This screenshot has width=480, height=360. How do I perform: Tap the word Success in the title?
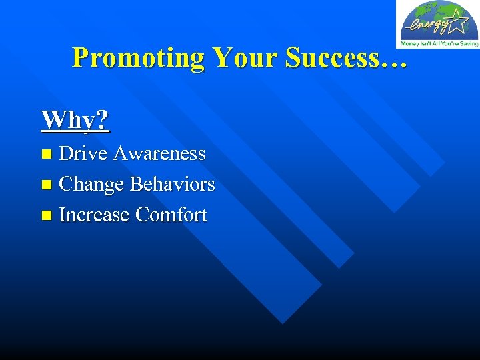333,58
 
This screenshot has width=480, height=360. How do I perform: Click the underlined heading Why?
75,120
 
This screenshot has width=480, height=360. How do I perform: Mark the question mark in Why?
102,120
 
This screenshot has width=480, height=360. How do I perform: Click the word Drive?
83,153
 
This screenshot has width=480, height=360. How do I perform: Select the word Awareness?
159,153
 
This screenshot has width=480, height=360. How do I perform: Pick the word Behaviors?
173,184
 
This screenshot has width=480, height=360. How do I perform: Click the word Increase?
94,215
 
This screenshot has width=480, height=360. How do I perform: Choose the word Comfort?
171,215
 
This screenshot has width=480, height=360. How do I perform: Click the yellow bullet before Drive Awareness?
46,154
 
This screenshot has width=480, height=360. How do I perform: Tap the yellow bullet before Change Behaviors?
46,185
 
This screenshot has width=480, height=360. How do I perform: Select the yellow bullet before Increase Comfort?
46,215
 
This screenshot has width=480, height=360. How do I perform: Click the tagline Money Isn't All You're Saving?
439,43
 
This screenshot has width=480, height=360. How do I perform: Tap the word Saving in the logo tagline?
469,43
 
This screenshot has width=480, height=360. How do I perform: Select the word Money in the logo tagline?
408,43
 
